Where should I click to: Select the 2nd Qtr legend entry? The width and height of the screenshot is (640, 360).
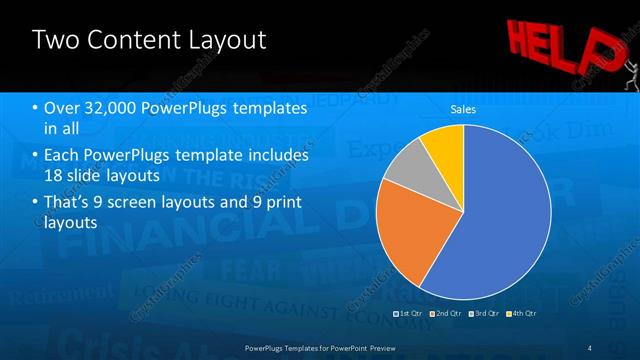coord(445,314)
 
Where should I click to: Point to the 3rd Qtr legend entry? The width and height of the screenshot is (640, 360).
coord(484,314)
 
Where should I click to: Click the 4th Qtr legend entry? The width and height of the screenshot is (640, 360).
coord(522,314)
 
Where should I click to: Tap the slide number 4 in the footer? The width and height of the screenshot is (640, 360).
coord(590,347)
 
